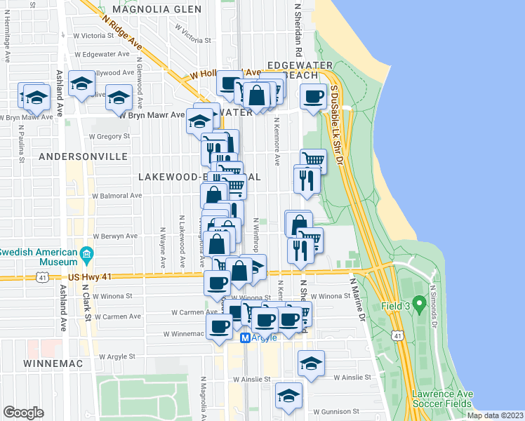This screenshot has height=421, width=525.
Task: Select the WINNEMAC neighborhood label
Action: pos(53,363)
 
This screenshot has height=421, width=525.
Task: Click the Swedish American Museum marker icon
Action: pos(87,253)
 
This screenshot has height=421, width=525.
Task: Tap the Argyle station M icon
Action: pos(246,338)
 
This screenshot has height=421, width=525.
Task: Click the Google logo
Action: pos(23,412)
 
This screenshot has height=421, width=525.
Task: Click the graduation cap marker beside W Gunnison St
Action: pos(288,395)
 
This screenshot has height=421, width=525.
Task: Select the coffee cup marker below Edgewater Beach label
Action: pos(314,96)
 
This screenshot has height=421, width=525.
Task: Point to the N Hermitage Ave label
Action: pos(8,47)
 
